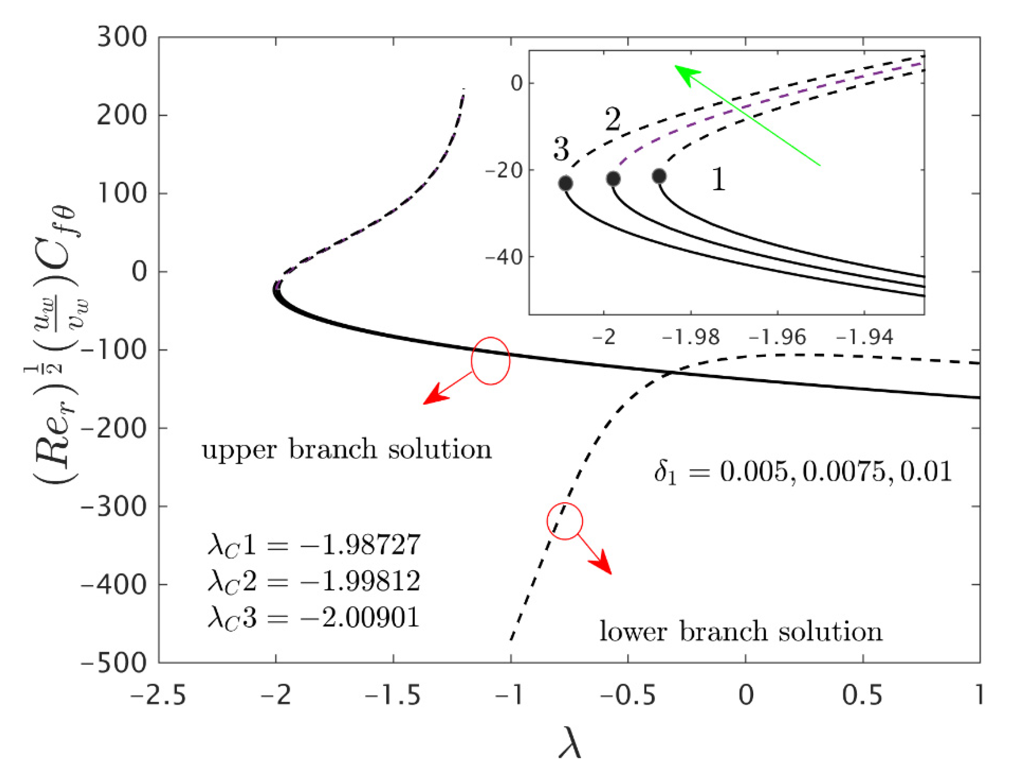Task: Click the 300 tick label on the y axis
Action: [122, 37]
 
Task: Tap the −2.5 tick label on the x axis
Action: [158, 695]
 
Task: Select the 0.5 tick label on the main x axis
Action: [862, 695]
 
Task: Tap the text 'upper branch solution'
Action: [347, 449]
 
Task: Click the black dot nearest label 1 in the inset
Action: [659, 176]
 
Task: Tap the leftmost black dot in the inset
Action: [566, 183]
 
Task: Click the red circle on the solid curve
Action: [490, 360]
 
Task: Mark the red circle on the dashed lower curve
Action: [565, 521]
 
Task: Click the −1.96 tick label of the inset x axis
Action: [777, 337]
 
